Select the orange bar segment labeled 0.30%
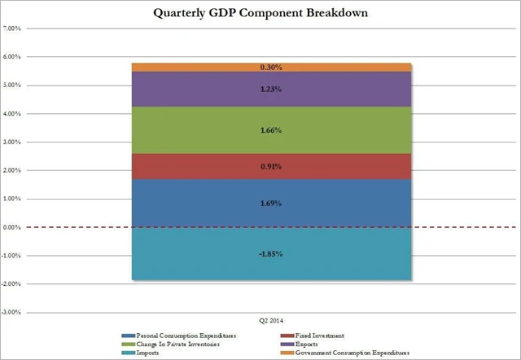(272, 67)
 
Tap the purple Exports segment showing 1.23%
(272, 90)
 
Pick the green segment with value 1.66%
(272, 130)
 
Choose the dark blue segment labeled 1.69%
(272, 202)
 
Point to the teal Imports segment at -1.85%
(272, 253)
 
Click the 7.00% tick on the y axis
(14, 29)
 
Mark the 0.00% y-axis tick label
(14, 227)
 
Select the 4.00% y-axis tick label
(14, 113)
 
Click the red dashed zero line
(81, 227)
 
